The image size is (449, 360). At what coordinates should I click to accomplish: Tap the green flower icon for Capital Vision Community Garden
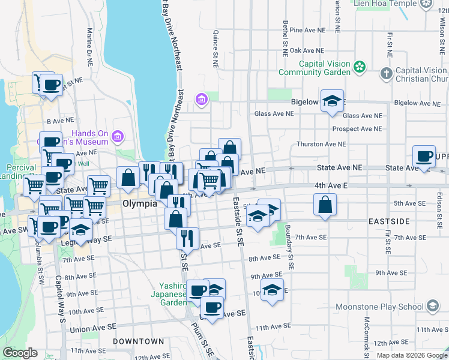point(360,67)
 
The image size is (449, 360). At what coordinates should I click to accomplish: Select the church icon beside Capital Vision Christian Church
point(387,74)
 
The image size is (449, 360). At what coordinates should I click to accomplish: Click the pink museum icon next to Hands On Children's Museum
point(118,137)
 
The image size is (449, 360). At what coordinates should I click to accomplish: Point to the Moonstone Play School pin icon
point(432,307)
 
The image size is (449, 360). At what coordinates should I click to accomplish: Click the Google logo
point(20,353)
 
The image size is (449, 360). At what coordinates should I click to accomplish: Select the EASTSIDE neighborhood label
point(388,221)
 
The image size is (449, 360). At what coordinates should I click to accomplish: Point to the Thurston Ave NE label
point(321,145)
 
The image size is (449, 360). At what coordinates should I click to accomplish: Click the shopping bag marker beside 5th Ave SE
point(325,205)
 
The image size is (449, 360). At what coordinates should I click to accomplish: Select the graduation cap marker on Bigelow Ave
point(331,100)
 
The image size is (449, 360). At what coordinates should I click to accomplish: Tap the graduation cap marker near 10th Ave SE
point(272,290)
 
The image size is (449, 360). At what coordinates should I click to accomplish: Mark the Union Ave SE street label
point(92,329)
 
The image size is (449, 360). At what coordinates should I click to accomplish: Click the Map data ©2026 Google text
point(411,355)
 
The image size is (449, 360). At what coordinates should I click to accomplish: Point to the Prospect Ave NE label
point(357,129)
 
